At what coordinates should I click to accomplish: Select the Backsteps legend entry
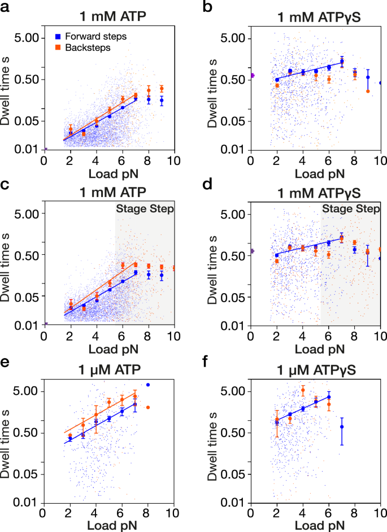pyautogui.click(x=90, y=48)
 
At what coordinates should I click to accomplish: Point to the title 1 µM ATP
pyautogui.click(x=107, y=371)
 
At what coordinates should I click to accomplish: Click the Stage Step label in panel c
pyautogui.click(x=145, y=209)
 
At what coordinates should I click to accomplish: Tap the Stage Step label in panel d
pyautogui.click(x=351, y=209)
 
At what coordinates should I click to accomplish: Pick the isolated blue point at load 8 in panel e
pyautogui.click(x=148, y=385)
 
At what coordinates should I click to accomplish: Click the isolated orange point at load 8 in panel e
pyautogui.click(x=148, y=407)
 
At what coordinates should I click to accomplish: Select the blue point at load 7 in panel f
pyautogui.click(x=342, y=427)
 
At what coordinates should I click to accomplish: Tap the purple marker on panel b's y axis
pyautogui.click(x=252, y=75)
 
